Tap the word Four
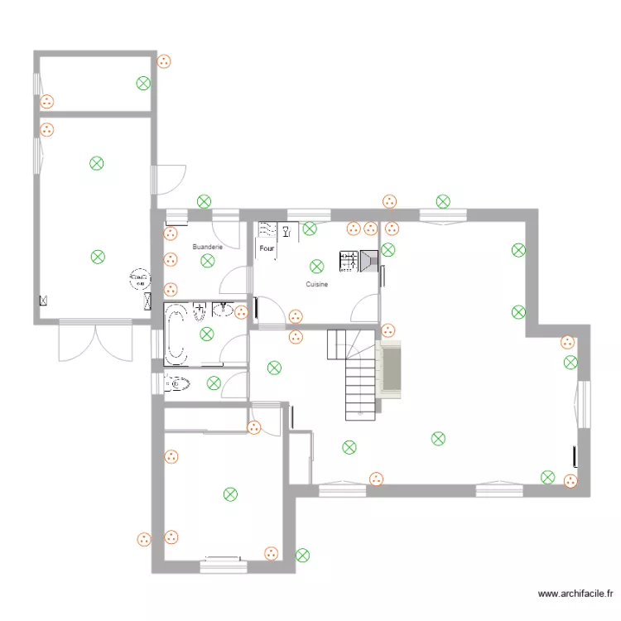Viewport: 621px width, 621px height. [x=267, y=248]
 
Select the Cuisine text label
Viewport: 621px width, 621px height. [x=316, y=284]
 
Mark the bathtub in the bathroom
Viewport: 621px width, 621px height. [x=176, y=334]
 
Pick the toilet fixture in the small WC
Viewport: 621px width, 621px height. [x=177, y=383]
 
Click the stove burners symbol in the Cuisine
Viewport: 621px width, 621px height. [x=348, y=262]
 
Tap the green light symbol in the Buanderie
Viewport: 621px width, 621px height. [x=207, y=261]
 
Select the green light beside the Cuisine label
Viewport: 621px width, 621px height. [x=316, y=267]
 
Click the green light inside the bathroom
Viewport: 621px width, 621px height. [x=206, y=334]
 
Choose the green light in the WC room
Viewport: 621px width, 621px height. [x=214, y=383]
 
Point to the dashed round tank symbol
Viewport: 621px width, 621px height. [x=138, y=279]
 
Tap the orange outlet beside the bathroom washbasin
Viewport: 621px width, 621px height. [x=241, y=312]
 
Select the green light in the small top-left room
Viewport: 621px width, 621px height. [x=143, y=82]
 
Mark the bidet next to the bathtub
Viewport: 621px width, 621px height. [x=200, y=312]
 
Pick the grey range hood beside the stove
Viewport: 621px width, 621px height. [x=368, y=262]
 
